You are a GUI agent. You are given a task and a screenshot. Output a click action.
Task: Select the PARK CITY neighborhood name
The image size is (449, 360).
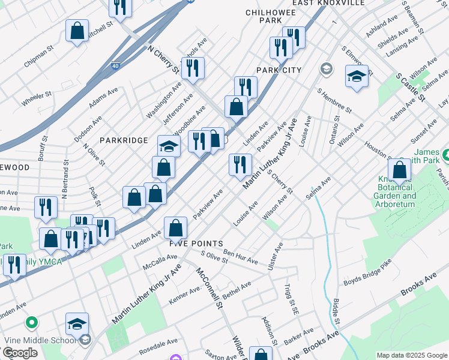[x=279, y=70]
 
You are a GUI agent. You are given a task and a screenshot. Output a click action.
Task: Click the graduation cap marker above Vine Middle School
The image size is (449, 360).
[x=77, y=324]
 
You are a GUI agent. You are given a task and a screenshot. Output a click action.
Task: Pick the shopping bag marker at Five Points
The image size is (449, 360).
[x=175, y=227]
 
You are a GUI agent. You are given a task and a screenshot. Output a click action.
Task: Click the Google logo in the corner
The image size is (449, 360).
[x=20, y=353]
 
